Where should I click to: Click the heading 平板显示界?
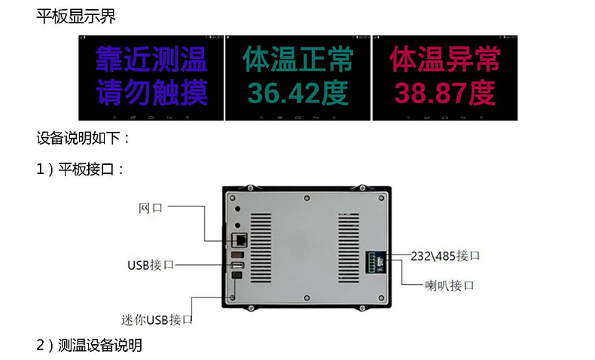pos(76,14)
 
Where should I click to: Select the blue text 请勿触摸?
pos(151,93)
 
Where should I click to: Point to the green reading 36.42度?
pos(297,93)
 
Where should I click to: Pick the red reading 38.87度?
pos(445,93)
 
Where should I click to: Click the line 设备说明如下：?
pos(84,139)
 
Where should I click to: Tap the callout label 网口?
pos(151,207)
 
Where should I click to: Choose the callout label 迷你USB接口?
pos(157,319)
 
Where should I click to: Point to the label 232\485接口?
pos(445,256)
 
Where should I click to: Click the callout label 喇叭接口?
pos(448,285)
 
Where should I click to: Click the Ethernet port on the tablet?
pos(240,239)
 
